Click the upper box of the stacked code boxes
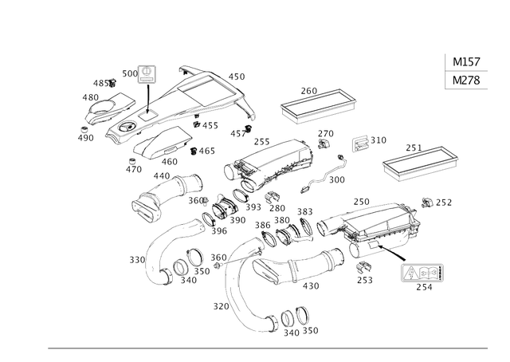(466, 62)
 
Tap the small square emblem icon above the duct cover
(147, 74)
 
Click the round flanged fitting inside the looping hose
(190, 270)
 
